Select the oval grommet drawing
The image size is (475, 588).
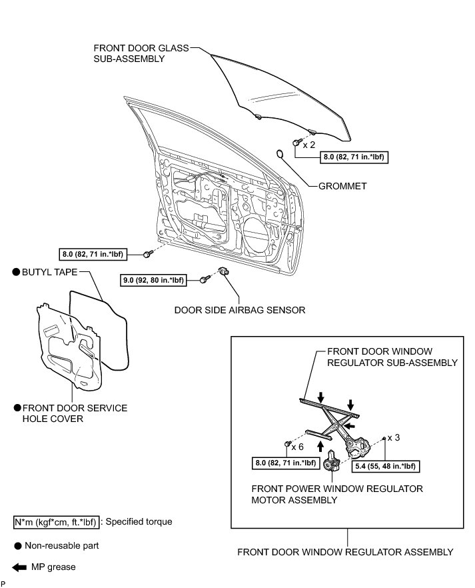[280, 155]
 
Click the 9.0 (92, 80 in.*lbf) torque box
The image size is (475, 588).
[153, 281]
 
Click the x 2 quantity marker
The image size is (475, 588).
[309, 144]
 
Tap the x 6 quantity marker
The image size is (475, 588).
[298, 447]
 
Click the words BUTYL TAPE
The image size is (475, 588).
[50, 272]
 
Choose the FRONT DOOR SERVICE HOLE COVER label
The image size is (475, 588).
[75, 413]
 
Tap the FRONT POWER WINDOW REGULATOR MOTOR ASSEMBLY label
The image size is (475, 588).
[337, 494]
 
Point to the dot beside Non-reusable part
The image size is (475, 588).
[17, 545]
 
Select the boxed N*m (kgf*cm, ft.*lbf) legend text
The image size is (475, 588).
[57, 522]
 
